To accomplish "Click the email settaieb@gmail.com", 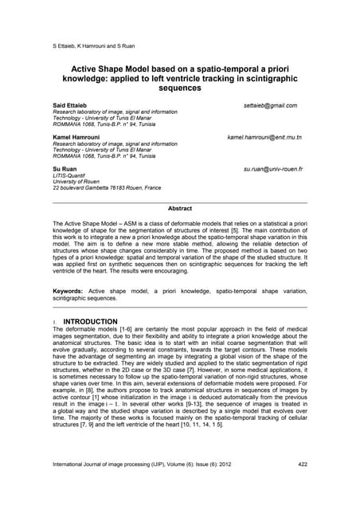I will coord(270,105).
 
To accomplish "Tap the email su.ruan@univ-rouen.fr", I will coord(273,170).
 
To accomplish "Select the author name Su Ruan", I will coord(66,170).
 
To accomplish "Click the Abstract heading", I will coord(179,209).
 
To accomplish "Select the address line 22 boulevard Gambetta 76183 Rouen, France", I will coord(107,189).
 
